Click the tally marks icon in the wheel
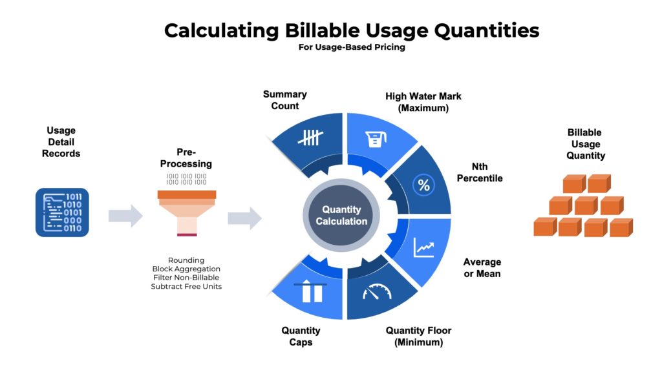310,138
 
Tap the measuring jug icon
376,139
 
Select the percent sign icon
423,185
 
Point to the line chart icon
424,247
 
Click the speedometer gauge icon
377,292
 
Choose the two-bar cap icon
310,291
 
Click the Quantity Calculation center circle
341,215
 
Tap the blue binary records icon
62,212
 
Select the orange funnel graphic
187,213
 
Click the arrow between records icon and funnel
125,216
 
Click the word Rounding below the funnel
186,260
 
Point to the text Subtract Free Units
186,286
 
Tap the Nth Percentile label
480,172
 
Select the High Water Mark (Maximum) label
423,102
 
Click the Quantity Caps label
301,336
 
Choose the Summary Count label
285,100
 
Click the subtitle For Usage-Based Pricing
352,47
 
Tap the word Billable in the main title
321,30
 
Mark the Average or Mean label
482,268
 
